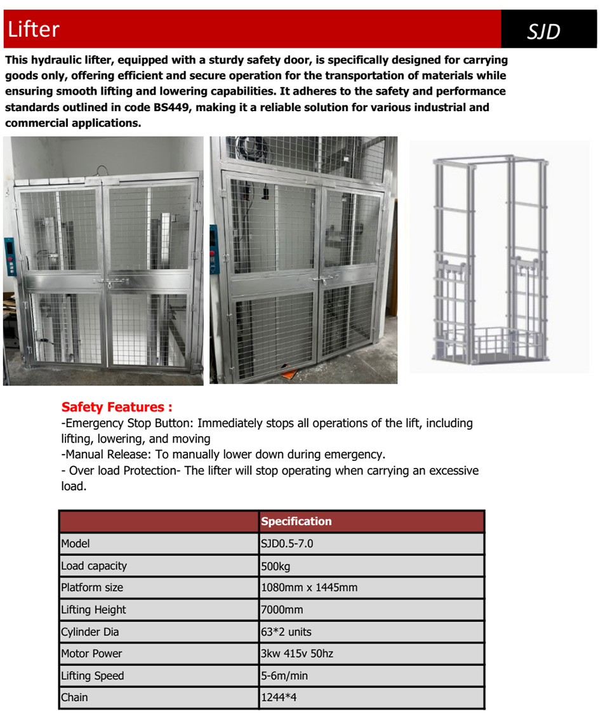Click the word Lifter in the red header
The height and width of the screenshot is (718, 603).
pos(34,29)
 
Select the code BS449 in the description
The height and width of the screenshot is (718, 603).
pos(173,107)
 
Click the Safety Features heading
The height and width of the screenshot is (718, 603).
pos(117,407)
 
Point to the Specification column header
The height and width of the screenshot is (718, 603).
pos(296,521)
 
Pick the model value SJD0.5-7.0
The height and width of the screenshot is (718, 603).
pos(287,543)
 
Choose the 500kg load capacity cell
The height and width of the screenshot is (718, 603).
pos(275,566)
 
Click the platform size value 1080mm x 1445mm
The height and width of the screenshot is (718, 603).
pos(309,587)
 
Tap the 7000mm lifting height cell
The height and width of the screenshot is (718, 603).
pos(282,609)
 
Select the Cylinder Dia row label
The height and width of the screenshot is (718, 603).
pos(89,632)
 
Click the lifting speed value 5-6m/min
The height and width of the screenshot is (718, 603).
pos(284,675)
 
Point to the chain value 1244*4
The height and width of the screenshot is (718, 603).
pos(279,697)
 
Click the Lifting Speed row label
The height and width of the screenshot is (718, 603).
pos(92,675)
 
